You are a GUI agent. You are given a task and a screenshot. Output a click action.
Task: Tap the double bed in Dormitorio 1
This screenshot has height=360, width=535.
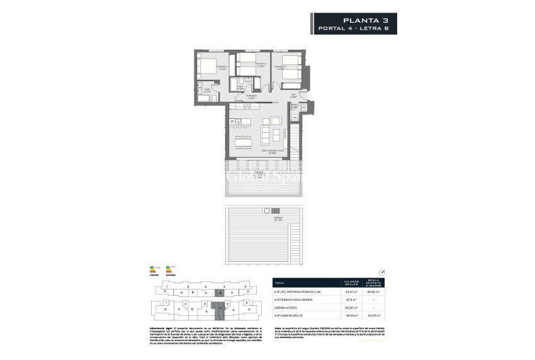pyautogui.click(x=206, y=65)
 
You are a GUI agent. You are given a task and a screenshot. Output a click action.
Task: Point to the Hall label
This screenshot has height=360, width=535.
pyautogui.click(x=293, y=96)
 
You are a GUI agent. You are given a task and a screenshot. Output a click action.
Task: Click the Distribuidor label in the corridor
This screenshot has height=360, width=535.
pyautogui.click(x=251, y=98)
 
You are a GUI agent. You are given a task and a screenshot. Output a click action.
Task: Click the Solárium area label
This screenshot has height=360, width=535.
pyautogui.click(x=261, y=219)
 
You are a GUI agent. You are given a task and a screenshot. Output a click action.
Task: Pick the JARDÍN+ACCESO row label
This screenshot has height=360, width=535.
pyautogui.click(x=289, y=307)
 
